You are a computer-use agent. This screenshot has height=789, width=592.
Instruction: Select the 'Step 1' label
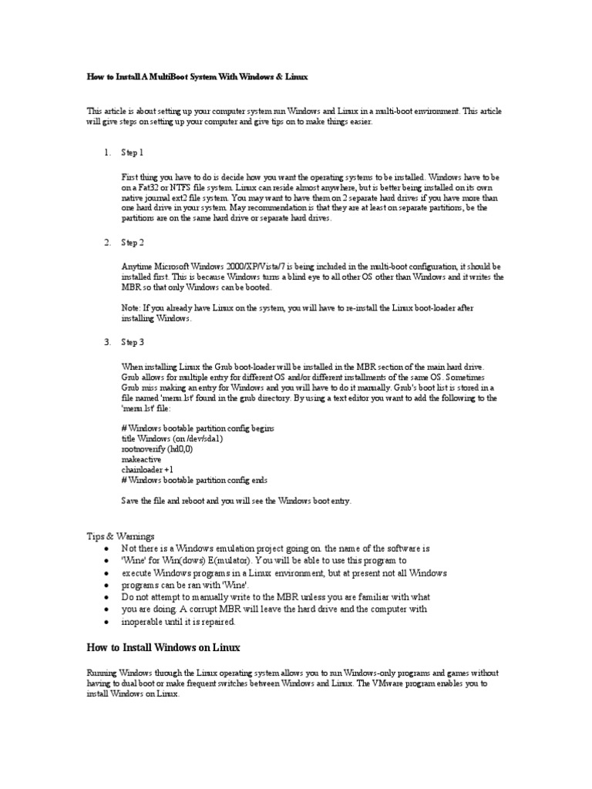pos(133,153)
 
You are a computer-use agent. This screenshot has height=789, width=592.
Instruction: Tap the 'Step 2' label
pos(133,243)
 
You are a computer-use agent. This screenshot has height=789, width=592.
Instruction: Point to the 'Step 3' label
pos(133,341)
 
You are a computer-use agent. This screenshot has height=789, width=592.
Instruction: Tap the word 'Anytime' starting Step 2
pos(138,266)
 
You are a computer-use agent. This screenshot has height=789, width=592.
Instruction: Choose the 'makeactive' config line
pos(141,458)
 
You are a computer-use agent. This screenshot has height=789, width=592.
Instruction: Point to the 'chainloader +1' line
pos(147,468)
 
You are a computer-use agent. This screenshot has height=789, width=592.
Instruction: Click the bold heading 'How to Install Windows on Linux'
pos(164,647)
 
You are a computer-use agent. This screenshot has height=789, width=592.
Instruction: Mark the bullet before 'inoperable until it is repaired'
pos(105,622)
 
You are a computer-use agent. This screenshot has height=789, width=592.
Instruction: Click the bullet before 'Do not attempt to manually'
pos(105,597)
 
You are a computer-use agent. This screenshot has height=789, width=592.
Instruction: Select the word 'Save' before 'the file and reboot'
pos(132,501)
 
